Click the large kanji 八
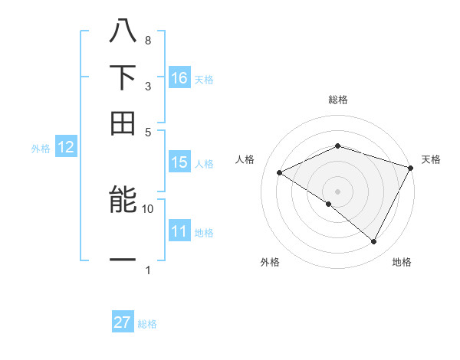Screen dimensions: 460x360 [x=123, y=32]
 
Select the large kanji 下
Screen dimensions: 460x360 [x=123, y=77]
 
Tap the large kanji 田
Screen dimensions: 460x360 [x=123, y=123]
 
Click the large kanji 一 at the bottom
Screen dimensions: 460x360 [x=123, y=260]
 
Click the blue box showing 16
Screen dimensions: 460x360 [x=179, y=77]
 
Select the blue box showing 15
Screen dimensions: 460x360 [x=179, y=162]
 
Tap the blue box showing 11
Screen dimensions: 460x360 [x=179, y=232]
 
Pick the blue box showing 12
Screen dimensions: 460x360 [x=66, y=148]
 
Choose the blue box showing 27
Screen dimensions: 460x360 [x=123, y=322]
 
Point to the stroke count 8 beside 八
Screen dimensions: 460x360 [x=147, y=40]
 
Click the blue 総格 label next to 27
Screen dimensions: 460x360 [x=147, y=324]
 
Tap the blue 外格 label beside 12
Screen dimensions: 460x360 [x=41, y=149]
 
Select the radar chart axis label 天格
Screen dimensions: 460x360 [x=432, y=159]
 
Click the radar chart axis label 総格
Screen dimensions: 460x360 [x=338, y=100]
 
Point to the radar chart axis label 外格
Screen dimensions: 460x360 [x=270, y=262]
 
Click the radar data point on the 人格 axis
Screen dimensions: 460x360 [x=280, y=173]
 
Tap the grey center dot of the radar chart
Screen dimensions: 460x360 [x=337, y=191]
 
